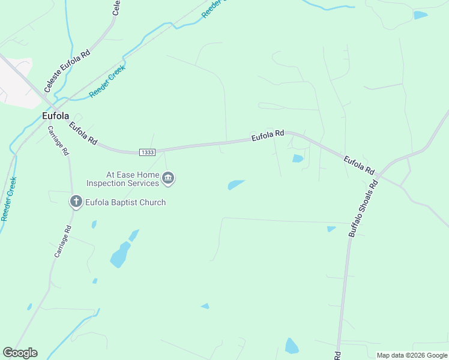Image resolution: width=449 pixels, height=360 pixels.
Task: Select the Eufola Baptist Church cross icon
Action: tap(76, 202)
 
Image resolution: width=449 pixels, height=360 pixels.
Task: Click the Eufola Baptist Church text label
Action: tap(124, 202)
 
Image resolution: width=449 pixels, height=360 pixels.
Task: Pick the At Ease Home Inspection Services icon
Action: tap(169, 178)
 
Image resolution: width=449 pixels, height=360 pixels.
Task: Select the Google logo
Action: tap(20, 353)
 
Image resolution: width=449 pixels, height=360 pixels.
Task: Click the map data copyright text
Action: tap(412, 355)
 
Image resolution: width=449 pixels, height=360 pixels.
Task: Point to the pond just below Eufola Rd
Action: tap(298, 158)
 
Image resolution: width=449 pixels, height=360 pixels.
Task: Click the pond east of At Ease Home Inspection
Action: tap(237, 184)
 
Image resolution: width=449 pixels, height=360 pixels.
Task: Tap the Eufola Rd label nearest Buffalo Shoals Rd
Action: tap(359, 165)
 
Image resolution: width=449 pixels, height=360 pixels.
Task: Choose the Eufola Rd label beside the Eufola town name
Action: tap(83, 134)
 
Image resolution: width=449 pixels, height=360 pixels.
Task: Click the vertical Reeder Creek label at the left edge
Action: tap(9, 199)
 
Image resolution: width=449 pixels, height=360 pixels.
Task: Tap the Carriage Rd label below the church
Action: tap(62, 241)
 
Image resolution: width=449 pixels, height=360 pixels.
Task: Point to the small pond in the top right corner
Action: tap(420, 15)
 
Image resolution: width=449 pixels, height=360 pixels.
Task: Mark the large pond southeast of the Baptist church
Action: tap(120, 254)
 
